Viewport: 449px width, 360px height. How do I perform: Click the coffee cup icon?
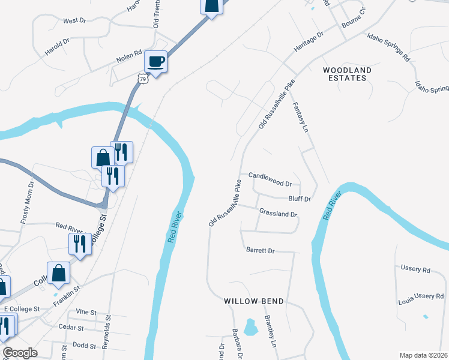click(155, 61)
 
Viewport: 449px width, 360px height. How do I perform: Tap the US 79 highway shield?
click(142, 78)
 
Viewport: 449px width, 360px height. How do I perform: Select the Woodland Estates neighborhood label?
click(348, 74)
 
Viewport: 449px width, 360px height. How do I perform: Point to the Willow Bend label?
click(253, 301)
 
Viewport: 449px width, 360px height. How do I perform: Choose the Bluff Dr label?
click(300, 199)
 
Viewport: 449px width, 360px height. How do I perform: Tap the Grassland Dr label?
click(278, 213)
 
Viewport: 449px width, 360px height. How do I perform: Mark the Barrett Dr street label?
click(260, 250)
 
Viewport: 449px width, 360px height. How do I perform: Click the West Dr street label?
click(74, 21)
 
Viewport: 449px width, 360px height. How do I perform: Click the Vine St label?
click(86, 312)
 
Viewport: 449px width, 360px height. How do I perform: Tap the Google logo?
click(20, 353)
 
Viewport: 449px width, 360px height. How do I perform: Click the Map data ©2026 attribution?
click(424, 355)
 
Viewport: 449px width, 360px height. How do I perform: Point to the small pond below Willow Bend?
click(251, 327)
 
